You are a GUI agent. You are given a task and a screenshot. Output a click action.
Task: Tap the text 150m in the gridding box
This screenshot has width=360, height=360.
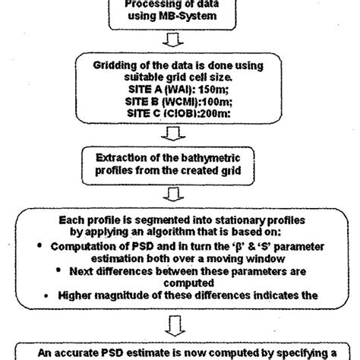click(223, 93)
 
